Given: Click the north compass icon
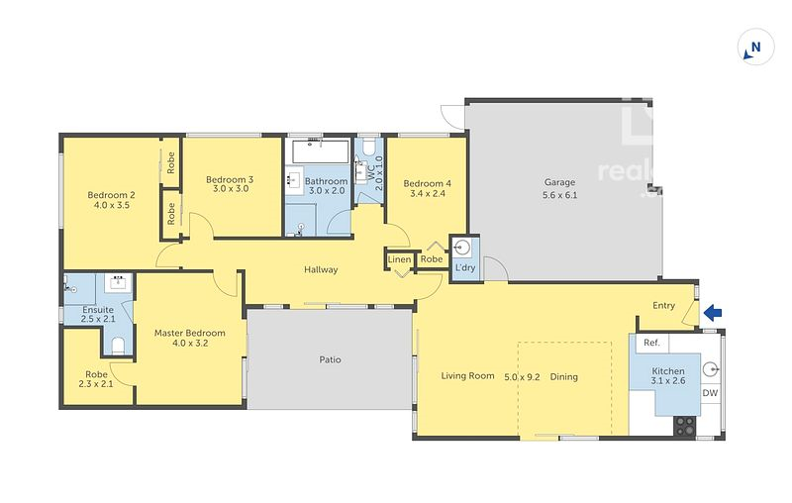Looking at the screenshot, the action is coord(755,48).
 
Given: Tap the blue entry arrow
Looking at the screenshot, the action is coord(713,313).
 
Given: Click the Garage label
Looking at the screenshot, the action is coord(559,182).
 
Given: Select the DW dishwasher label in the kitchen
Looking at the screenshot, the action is coord(710,393).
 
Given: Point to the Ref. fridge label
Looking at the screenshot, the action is coord(651,343).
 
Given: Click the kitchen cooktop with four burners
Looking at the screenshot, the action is coord(685,425).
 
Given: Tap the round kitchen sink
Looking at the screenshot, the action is coord(711,369).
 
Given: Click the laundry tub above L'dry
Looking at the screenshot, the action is coord(462,248).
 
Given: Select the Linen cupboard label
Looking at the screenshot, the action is coord(400,259).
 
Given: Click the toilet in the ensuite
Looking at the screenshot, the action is coord(118,346).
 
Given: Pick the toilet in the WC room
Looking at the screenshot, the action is coord(368,147).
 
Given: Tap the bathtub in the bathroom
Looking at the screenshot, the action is coord(320,151).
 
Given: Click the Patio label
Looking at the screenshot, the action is coord(330,359).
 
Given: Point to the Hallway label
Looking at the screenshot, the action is coord(321,269).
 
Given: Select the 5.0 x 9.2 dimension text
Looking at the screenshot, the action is coord(523,376).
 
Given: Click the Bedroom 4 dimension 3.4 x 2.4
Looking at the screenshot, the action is coord(428,193).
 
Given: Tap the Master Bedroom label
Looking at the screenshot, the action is coord(189,333).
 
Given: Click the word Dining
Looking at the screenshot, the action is coord(563,376).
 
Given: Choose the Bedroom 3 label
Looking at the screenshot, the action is coord(230,179).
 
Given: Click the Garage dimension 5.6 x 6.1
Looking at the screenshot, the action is coord(559,195).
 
